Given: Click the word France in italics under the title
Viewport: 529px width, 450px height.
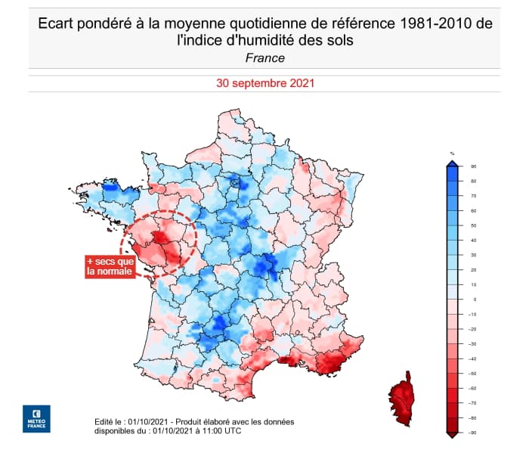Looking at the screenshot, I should (264, 57).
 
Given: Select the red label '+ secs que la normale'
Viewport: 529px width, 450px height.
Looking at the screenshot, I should (110, 267).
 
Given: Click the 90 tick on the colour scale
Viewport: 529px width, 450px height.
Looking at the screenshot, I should (472, 166).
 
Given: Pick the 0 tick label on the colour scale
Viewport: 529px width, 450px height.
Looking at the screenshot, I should (472, 299).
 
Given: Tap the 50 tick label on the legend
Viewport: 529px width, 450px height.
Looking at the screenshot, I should (472, 225).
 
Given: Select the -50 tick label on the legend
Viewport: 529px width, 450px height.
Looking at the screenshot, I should (472, 374).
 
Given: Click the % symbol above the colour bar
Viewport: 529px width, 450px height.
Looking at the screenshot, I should (452, 154).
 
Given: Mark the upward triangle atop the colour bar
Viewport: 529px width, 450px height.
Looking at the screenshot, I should (452, 163).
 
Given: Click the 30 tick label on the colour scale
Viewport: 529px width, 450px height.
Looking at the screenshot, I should (472, 255).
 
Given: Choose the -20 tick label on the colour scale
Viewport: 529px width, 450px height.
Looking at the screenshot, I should (472, 329).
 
